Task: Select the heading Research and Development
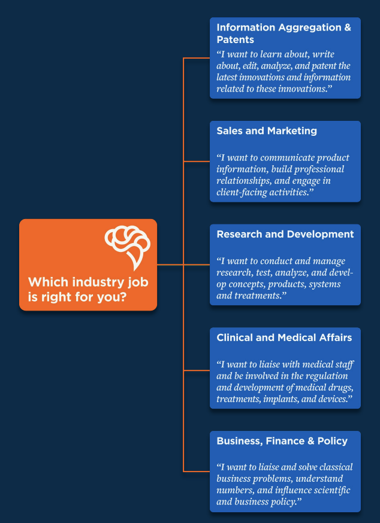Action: [285, 234]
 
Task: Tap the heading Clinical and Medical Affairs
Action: [284, 338]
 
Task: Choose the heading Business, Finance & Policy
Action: [282, 441]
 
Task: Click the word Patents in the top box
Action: [236, 40]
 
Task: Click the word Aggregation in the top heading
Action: [305, 28]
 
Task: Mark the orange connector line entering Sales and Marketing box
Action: [197, 162]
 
